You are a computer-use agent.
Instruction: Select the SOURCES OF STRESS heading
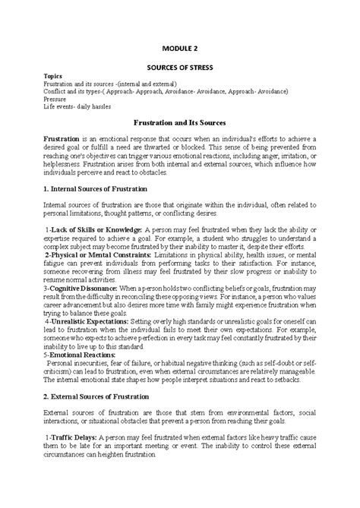pos(180,68)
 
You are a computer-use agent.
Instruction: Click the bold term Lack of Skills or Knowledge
pos(97,229)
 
